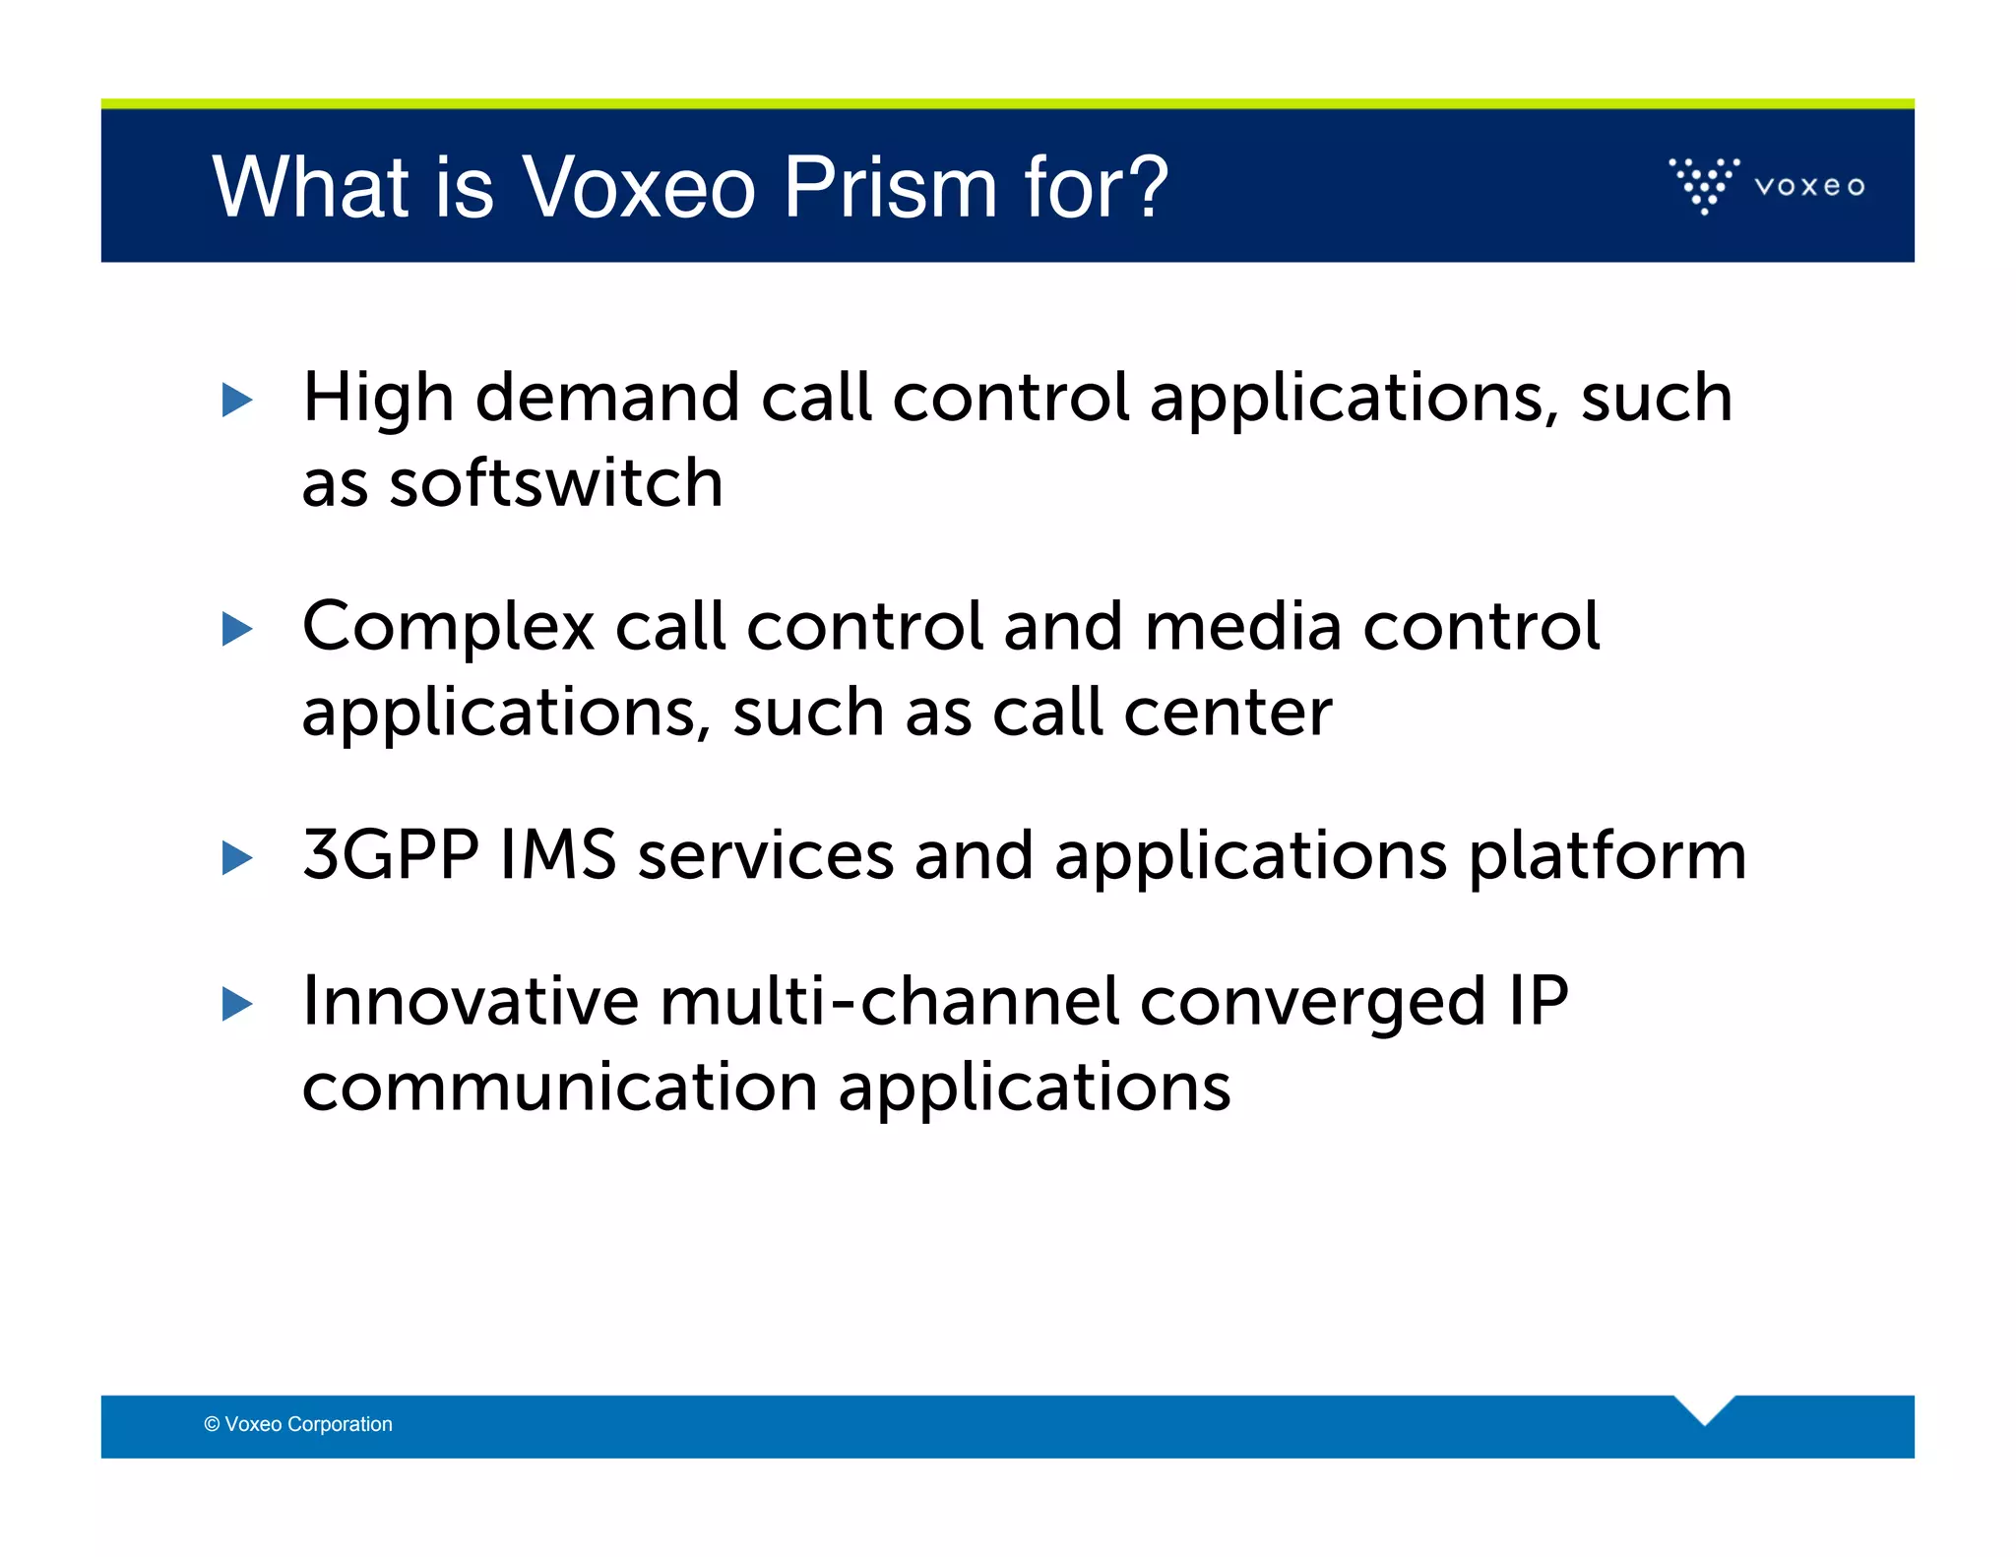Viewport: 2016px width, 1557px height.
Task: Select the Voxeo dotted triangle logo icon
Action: (x=1704, y=185)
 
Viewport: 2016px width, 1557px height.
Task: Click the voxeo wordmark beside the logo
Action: (x=1808, y=186)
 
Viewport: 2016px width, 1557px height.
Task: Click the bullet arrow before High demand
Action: (x=236, y=400)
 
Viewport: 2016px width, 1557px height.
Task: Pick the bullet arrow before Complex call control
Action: (x=236, y=629)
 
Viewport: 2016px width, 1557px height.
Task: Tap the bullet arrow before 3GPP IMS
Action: (x=236, y=857)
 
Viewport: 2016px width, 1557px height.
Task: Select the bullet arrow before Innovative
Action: (x=236, y=1004)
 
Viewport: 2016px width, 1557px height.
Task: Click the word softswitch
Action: (x=556, y=483)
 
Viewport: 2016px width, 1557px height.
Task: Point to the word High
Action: (x=377, y=399)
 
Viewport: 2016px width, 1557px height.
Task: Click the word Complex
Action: (x=448, y=628)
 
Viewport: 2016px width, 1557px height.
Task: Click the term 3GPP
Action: (x=390, y=854)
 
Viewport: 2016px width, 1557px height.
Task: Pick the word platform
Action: (x=1606, y=856)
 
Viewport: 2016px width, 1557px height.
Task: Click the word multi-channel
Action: (x=889, y=1001)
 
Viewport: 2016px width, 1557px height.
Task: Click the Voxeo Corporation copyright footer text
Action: (x=298, y=1424)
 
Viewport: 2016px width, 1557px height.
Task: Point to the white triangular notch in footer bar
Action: (x=1704, y=1407)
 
